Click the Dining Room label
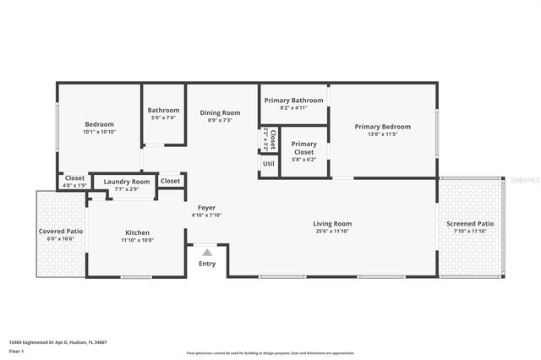coord(220,112)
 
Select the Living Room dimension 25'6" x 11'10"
coord(332,231)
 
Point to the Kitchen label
coord(138,232)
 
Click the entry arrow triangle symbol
coord(207,252)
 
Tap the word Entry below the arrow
coord(207,264)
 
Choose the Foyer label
coord(206,208)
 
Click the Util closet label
coord(268,163)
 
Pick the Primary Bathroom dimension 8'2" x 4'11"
coord(293,107)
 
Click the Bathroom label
coord(163,110)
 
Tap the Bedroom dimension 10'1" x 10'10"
coord(99,132)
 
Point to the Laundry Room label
coord(127,182)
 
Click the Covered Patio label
coord(61,231)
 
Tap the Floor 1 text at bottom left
coord(16,351)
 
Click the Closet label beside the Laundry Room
coord(170,181)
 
